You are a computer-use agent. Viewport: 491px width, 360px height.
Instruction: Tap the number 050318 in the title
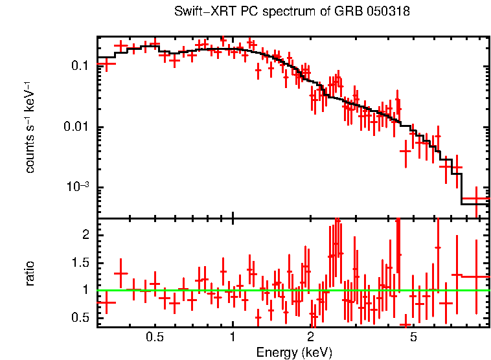389,12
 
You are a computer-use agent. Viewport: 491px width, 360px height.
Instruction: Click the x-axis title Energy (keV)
294,352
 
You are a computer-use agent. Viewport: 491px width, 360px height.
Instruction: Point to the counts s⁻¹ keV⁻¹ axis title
30,127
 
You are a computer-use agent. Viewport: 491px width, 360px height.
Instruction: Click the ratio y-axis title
30,273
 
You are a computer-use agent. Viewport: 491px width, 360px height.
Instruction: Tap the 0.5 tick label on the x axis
154,337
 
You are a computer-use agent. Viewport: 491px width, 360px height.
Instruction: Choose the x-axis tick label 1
233,337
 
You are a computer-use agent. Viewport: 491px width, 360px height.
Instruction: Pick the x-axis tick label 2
311,337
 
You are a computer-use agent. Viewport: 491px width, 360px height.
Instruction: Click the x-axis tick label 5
414,337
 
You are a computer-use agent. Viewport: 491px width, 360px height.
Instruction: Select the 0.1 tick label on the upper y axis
80,66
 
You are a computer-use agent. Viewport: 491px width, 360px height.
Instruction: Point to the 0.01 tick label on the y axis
76,127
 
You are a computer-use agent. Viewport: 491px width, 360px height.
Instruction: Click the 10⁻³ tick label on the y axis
78,187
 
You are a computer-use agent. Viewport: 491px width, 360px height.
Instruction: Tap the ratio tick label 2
85,235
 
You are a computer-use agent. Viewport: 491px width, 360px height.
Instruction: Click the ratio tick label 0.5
80,317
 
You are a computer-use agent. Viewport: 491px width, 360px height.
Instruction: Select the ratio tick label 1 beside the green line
85,290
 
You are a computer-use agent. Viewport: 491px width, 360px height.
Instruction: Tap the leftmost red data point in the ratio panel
106,302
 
